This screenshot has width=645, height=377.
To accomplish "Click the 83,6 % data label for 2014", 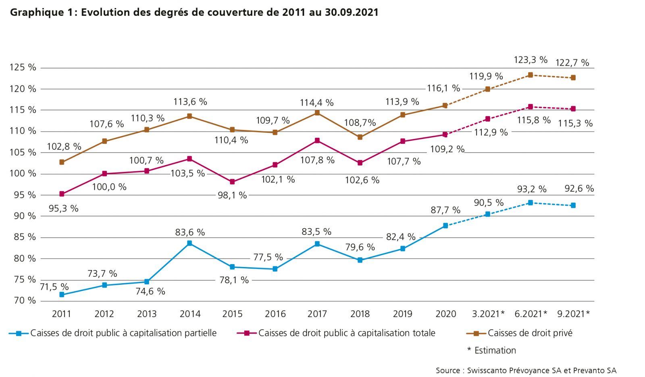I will (x=190, y=232).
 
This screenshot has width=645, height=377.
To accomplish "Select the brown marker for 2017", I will (x=317, y=113).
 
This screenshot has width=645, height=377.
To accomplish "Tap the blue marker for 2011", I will (x=62, y=295).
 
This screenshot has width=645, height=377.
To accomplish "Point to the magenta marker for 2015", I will (x=232, y=182).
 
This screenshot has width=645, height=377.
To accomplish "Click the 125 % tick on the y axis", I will (x=23, y=68).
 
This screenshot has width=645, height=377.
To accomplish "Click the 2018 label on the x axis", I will (x=360, y=314).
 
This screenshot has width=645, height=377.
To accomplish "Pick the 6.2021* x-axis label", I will (x=531, y=314).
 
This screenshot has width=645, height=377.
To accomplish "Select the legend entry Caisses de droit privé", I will (x=530, y=333).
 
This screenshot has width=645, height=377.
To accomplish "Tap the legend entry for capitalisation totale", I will (x=347, y=333).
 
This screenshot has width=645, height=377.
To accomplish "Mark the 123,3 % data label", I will (x=531, y=60).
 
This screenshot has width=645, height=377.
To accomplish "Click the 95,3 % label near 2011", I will (x=63, y=209).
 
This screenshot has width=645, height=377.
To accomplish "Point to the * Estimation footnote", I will (x=492, y=350).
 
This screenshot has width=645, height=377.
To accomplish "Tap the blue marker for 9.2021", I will (x=573, y=205).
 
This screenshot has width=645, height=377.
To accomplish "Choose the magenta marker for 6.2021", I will (x=531, y=107).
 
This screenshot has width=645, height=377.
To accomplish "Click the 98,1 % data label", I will (x=232, y=195).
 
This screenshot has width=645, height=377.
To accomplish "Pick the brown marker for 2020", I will (x=445, y=106).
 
